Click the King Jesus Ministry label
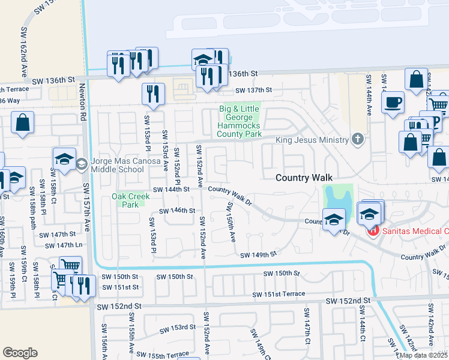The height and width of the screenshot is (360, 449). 312,140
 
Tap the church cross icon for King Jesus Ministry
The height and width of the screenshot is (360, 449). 358,140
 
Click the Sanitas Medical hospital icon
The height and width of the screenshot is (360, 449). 372,230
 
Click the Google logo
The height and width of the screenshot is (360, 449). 20,353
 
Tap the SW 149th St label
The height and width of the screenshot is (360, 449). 258,254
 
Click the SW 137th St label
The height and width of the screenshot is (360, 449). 254,90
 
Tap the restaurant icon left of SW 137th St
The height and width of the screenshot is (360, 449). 153,94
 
